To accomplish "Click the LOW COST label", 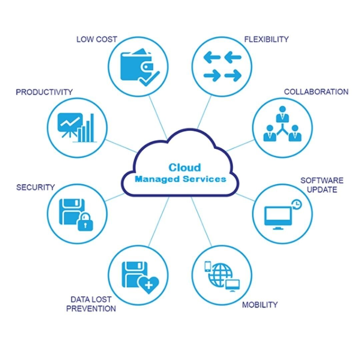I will [97, 39].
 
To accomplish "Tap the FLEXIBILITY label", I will [266, 39].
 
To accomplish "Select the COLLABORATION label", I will [316, 92].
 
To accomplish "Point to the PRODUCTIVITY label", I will [44, 92].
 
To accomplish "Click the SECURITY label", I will [35, 187].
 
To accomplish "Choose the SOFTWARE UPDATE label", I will [322, 185].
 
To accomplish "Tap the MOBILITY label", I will [260, 305].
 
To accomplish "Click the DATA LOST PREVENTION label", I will [91, 304].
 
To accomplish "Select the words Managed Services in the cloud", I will [180, 179].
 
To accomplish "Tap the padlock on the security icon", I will [85, 222].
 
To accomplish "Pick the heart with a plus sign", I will [149, 284].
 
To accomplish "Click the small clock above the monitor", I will [296, 204].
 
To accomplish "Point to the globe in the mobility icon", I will [222, 274].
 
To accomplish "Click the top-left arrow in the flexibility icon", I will [212, 57].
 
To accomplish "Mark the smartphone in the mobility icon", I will [208, 266].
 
